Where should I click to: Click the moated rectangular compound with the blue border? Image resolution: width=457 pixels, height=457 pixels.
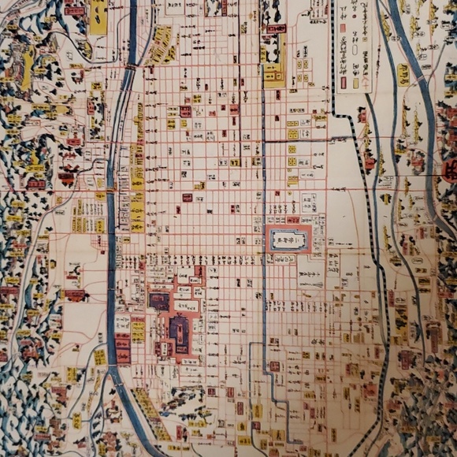pos(289,239)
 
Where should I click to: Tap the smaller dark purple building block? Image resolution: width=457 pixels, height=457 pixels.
pos(158,301)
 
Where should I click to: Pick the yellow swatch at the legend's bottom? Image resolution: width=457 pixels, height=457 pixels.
pos(355,82)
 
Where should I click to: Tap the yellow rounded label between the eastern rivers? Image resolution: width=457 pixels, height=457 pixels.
pos(403,75)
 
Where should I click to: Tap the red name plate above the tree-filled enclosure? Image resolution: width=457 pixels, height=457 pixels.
pos(275,29)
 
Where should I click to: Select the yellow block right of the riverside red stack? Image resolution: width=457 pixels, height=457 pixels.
pos(138,331)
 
